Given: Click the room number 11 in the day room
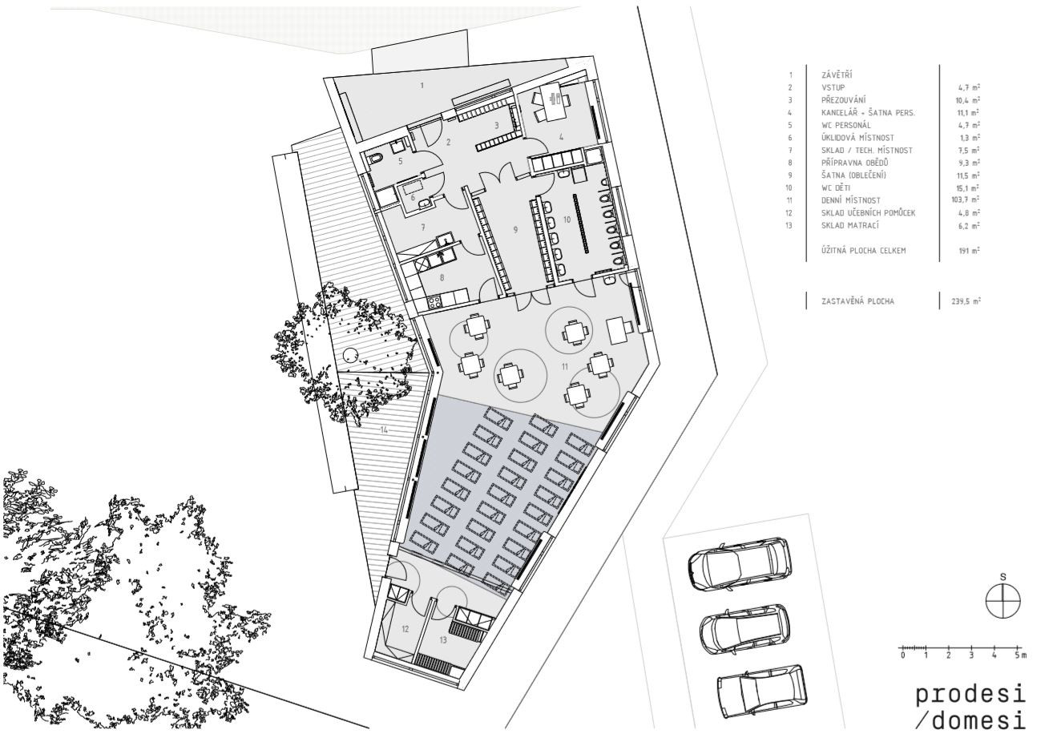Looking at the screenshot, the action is [x=564, y=367].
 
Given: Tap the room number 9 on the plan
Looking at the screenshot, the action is [x=516, y=230].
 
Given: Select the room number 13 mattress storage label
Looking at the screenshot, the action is [x=443, y=640].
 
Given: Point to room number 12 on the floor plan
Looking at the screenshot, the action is [x=406, y=629].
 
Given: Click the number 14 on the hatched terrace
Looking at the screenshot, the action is [x=384, y=430].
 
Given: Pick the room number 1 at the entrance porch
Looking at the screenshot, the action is [x=422, y=85].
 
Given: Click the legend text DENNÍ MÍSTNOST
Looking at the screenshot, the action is [x=851, y=200].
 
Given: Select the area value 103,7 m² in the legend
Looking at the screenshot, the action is [x=965, y=200].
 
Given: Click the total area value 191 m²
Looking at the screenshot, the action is [x=969, y=251].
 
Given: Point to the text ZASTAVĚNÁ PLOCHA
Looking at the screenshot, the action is [x=857, y=301].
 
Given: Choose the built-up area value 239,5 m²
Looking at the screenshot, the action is [x=966, y=301].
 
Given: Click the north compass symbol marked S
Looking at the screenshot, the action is [x=1003, y=601].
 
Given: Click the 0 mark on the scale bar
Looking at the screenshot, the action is [x=902, y=655].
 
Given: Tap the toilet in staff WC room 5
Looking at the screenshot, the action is [x=376, y=159].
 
